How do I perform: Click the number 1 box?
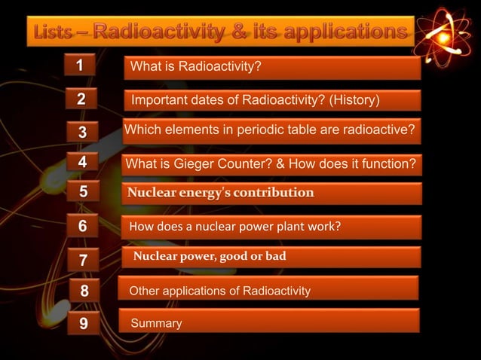tap(78, 66)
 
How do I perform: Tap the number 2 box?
tap(81, 99)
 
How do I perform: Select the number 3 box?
tap(83, 132)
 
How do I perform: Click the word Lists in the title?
tap(59, 32)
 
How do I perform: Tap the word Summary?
tap(157, 323)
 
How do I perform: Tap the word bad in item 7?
tap(276, 256)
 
